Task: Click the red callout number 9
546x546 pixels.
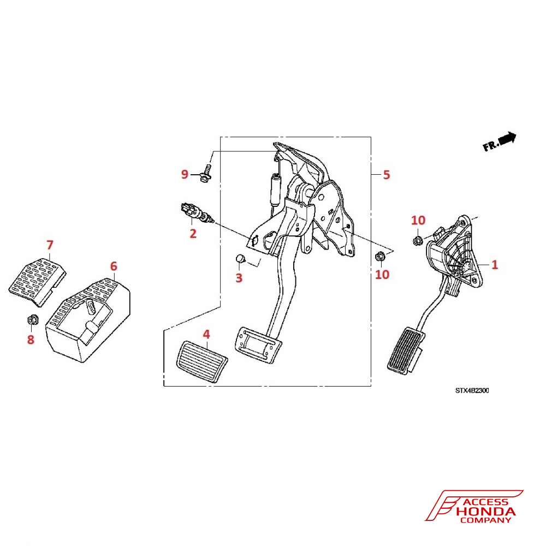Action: [185, 174]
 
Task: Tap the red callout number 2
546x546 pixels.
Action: [193, 233]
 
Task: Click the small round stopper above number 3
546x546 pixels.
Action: [240, 259]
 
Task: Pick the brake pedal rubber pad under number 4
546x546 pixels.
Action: [202, 363]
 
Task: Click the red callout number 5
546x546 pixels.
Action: [386, 175]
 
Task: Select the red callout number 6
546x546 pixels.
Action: [114, 266]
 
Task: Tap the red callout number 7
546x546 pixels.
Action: [50, 245]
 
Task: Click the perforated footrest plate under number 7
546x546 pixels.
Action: [37, 282]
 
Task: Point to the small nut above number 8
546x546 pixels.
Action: [32, 319]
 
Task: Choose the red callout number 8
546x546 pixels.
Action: [31, 340]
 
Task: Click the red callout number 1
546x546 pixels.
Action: [495, 265]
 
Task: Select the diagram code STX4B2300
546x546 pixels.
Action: [472, 391]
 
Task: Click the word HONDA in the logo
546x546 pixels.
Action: [485, 512]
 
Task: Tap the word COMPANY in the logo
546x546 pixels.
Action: [485, 520]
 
